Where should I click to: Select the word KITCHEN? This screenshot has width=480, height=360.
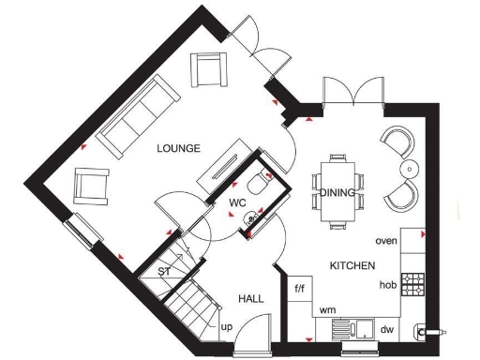(x=352, y=266)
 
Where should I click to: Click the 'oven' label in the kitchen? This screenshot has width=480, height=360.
(x=386, y=241)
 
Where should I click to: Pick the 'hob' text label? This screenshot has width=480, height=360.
(x=386, y=284)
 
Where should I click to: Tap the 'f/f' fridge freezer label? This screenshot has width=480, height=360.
(x=301, y=288)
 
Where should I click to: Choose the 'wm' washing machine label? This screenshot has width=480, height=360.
(x=328, y=309)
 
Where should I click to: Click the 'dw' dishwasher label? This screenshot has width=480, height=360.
(x=387, y=330)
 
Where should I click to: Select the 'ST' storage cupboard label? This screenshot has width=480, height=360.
(x=164, y=272)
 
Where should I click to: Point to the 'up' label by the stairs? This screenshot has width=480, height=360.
(x=226, y=327)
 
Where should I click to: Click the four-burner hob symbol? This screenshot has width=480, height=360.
(x=412, y=280)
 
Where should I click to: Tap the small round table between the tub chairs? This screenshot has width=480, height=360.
(x=410, y=169)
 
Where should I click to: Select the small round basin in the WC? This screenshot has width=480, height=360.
(x=250, y=219)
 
